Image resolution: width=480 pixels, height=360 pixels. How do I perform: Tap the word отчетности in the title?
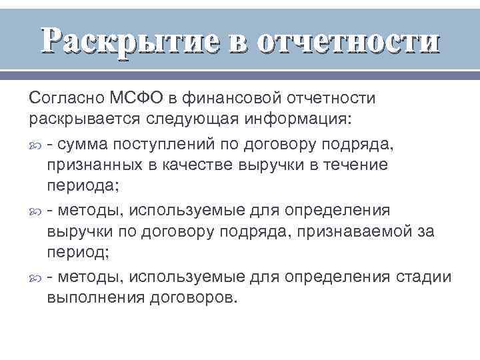point(348,41)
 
